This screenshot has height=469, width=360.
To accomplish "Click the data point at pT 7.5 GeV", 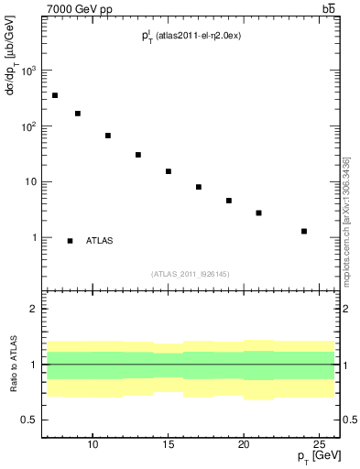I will click(x=55, y=95).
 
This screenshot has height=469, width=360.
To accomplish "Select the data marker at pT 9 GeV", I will click(x=78, y=114).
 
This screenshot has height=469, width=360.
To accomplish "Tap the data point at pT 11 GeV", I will click(x=108, y=136).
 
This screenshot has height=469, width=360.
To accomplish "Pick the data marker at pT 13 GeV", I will click(x=138, y=155).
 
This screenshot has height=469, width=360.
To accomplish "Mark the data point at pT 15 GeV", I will click(x=169, y=171).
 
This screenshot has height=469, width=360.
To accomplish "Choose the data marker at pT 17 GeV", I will click(x=199, y=187).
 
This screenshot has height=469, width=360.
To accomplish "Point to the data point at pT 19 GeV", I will click(x=229, y=201).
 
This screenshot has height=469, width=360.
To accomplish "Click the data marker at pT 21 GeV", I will click(x=259, y=213).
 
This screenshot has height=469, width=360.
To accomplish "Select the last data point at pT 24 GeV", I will click(x=304, y=231).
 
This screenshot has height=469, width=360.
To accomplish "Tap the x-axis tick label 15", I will click(x=169, y=445).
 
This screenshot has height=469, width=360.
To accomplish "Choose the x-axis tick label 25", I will click(x=320, y=445).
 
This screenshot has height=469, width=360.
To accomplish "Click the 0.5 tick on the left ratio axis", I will click(x=29, y=420).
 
